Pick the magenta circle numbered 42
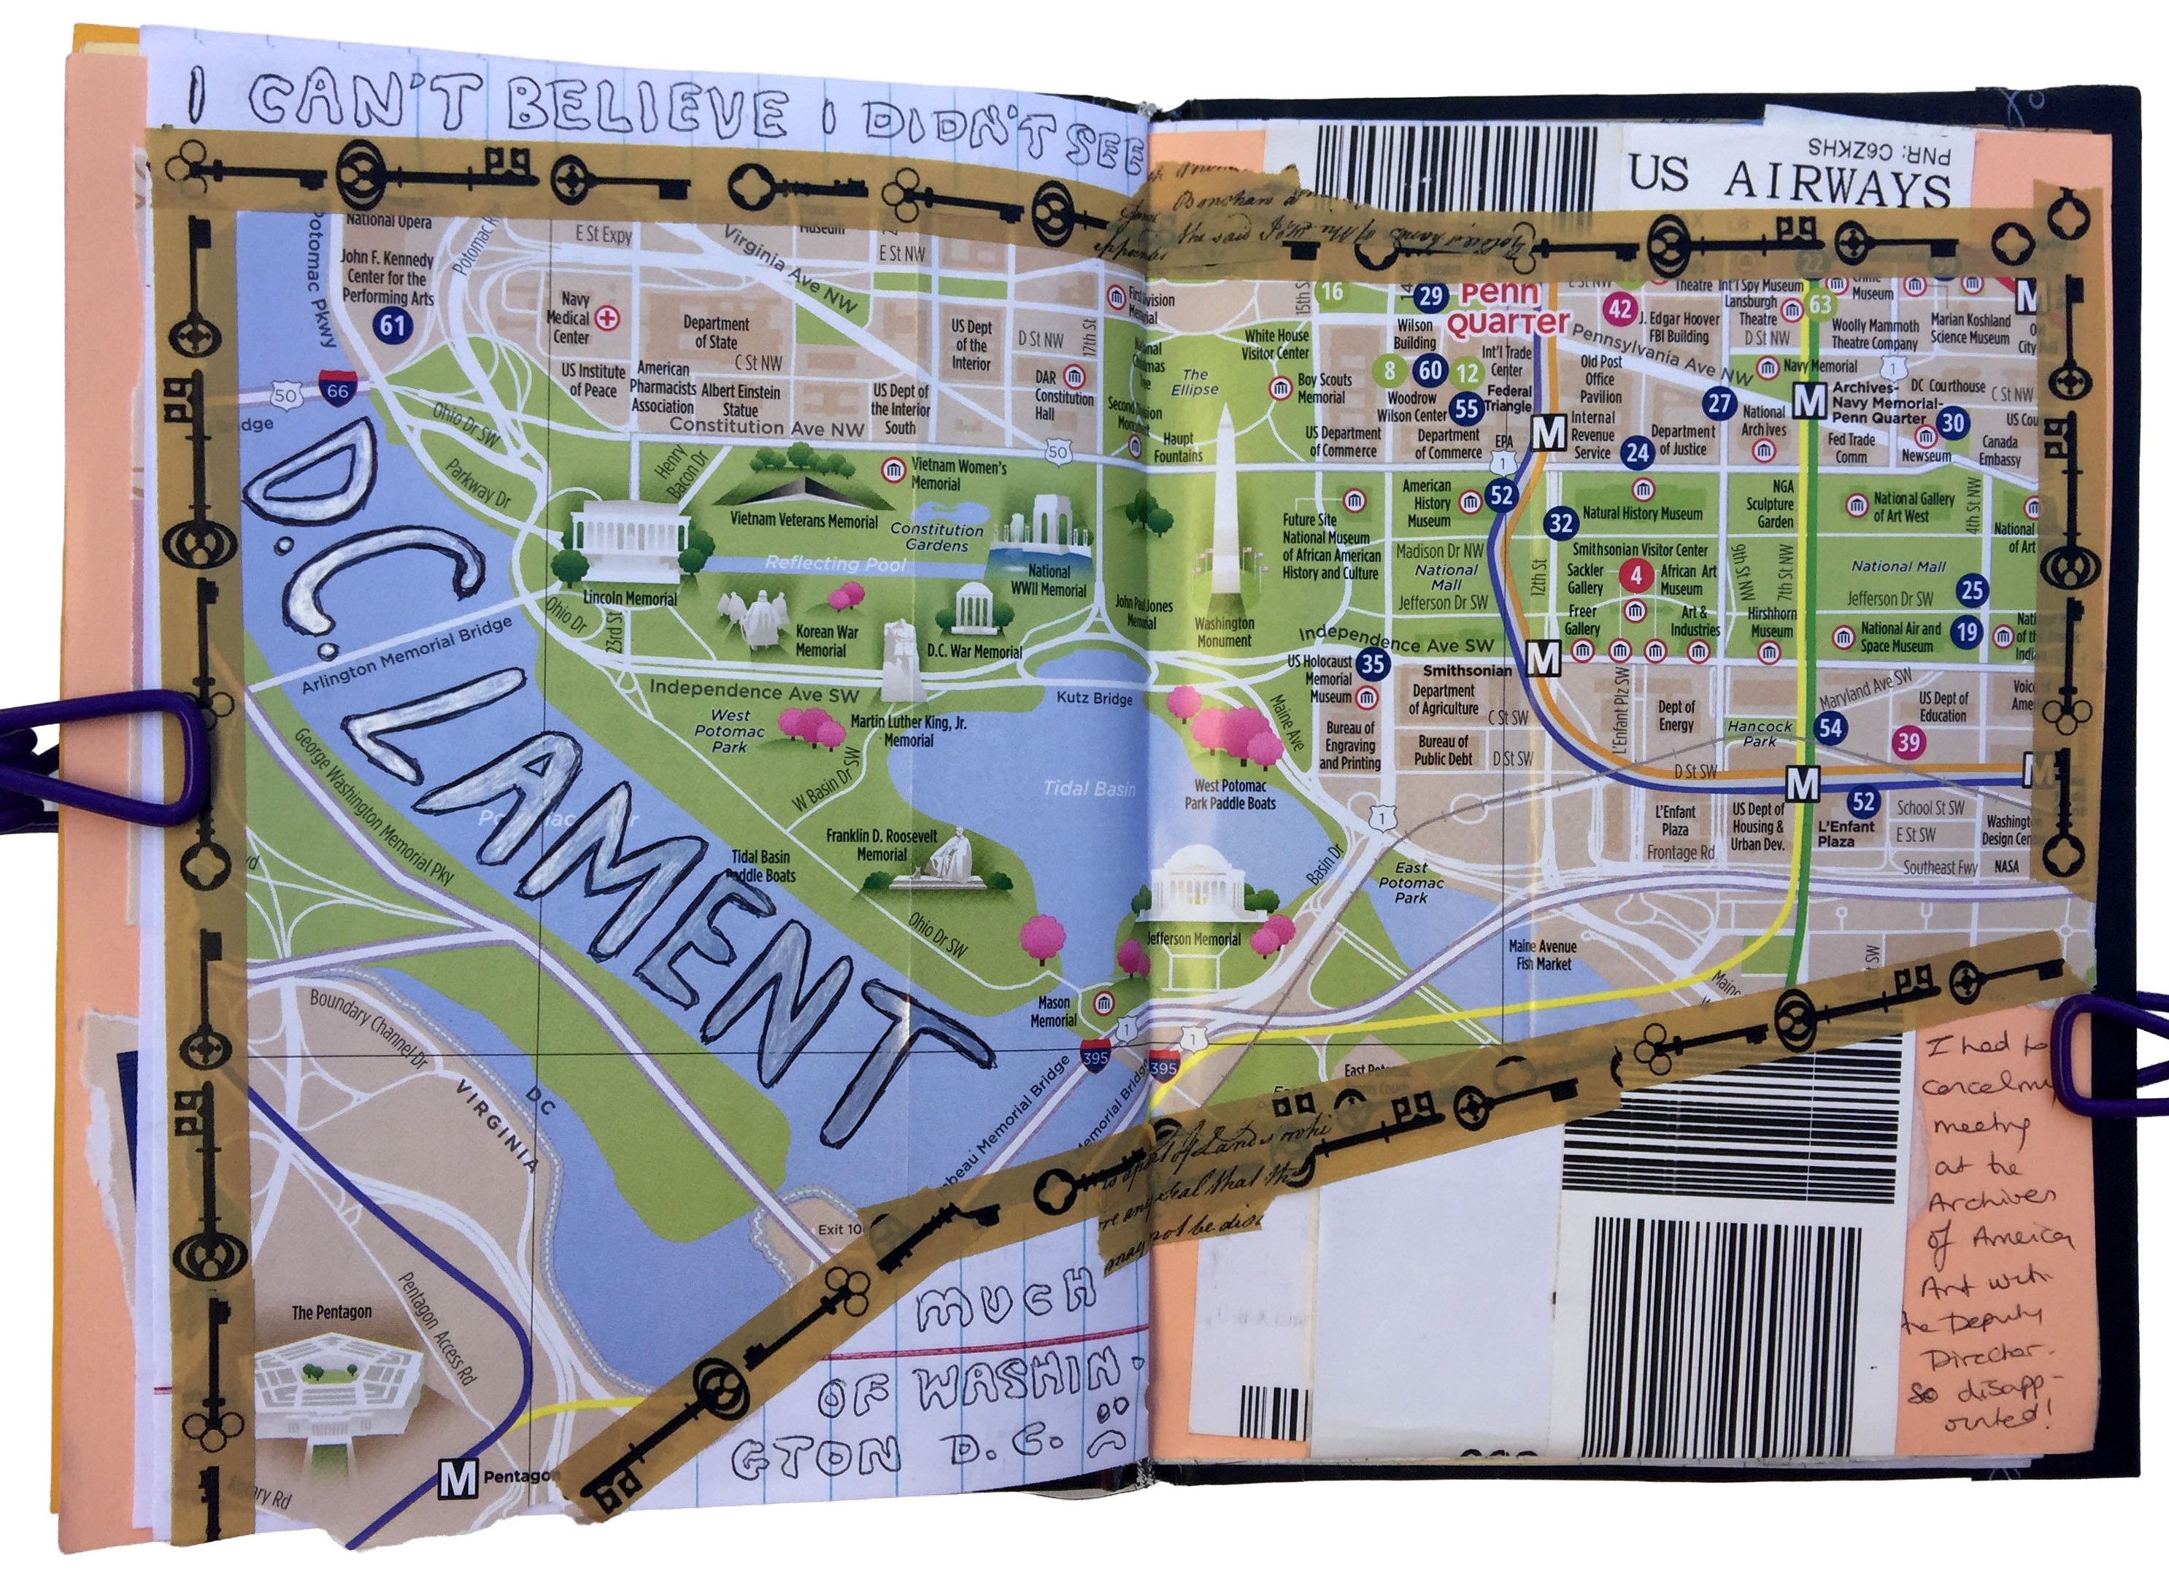click(1620, 310)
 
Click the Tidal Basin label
click(1088, 789)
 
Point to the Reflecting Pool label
click(834, 564)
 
